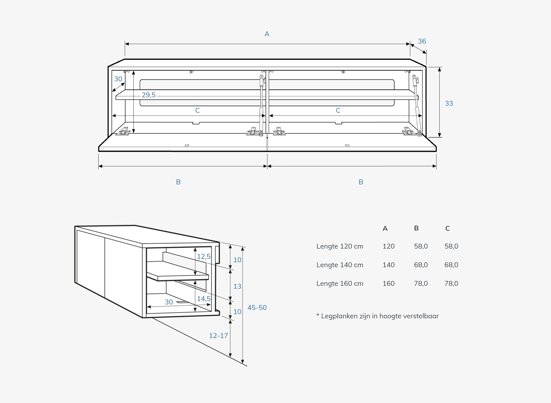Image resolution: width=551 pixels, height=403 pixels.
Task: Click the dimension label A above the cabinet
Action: tap(267, 34)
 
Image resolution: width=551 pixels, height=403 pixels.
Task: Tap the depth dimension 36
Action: tap(422, 41)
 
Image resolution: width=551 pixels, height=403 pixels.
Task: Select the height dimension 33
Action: tap(449, 103)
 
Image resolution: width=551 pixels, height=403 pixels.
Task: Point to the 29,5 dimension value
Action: tap(149, 95)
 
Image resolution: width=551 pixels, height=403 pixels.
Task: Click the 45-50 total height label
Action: tap(257, 308)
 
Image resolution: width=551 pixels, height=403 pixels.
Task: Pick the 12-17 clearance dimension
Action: tap(218, 336)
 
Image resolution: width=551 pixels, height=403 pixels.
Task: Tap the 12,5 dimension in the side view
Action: tap(204, 256)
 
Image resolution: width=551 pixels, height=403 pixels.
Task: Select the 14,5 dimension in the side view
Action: tap(204, 299)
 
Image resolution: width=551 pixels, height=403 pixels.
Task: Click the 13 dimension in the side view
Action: tap(237, 286)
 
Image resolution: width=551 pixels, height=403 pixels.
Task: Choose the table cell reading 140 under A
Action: tap(388, 265)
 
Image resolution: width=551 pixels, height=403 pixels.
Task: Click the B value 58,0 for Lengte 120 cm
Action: tap(421, 246)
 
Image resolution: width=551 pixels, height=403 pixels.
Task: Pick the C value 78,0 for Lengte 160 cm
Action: tap(451, 283)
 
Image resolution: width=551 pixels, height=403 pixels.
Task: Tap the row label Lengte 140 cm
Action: tap(340, 265)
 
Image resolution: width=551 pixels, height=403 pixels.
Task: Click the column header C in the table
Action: tap(447, 228)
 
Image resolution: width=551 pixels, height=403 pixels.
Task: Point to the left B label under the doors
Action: tap(178, 182)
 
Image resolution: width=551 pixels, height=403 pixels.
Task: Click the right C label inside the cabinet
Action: tap(338, 110)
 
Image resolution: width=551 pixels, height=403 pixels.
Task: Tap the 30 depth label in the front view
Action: tap(118, 79)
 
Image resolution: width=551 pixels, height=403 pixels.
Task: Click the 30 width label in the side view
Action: tap(169, 302)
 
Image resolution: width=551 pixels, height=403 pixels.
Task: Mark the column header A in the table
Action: tap(385, 229)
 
